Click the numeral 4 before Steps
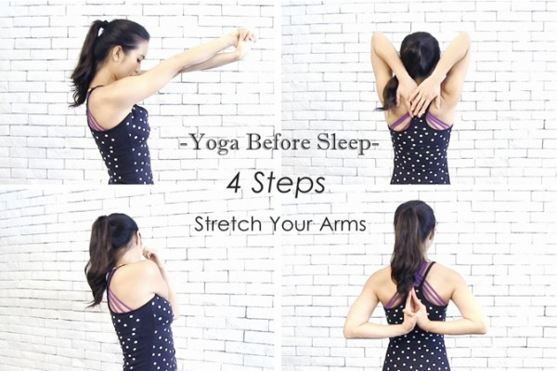pos(235,183)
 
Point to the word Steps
pos(289,184)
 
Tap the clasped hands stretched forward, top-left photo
pos(241,42)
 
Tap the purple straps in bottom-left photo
pos(116,292)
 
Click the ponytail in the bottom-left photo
pos(97,259)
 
